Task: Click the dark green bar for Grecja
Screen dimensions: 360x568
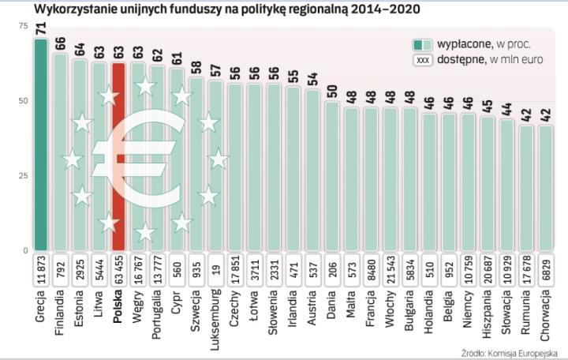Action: [40, 142]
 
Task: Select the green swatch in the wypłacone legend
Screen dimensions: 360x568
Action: [424, 44]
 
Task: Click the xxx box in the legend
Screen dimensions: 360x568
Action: [424, 61]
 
